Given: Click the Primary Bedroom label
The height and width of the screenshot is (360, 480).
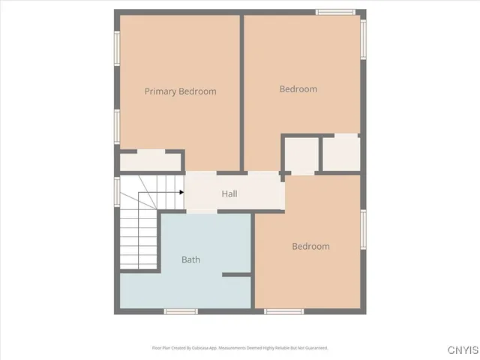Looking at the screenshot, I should pos(180,91).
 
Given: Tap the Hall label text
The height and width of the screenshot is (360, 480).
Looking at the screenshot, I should pos(229,193).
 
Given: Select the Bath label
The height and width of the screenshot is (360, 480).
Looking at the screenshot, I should pos(190,259).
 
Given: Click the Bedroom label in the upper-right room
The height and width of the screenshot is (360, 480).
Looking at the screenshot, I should pos(298,89).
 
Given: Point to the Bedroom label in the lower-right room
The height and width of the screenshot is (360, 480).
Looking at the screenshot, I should pos(310,246).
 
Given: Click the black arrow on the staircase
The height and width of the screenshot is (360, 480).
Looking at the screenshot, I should pos(181,192).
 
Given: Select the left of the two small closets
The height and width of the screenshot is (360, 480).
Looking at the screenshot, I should pos(300,155).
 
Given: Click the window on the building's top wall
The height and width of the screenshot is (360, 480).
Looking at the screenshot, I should pos(335,12).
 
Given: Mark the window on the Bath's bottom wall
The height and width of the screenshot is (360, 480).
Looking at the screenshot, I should pos(181,310).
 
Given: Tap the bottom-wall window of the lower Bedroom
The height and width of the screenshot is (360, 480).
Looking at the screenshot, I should pos(284,310).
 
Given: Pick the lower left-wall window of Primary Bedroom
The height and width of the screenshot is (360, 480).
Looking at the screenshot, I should pos(117,125).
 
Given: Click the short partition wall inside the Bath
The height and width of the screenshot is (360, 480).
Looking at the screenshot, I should pos(237,275).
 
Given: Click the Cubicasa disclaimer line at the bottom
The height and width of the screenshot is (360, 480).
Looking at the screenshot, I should pos(240,348).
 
